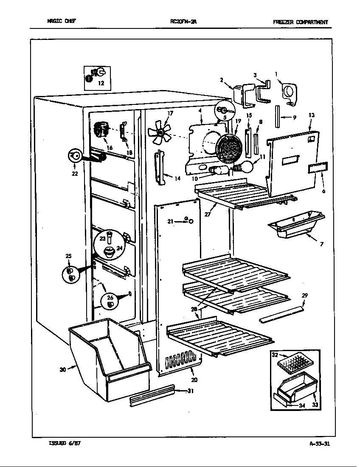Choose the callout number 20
pyautogui.click(x=194, y=380)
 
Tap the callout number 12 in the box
pyautogui.click(x=101, y=83)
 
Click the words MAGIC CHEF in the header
pyautogui.click(x=62, y=21)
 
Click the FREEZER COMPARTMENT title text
pyautogui.click(x=301, y=22)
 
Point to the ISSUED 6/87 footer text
pyautogui.click(x=65, y=443)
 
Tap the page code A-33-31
pyautogui.click(x=320, y=444)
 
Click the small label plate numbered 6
pyautogui.click(x=318, y=168)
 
